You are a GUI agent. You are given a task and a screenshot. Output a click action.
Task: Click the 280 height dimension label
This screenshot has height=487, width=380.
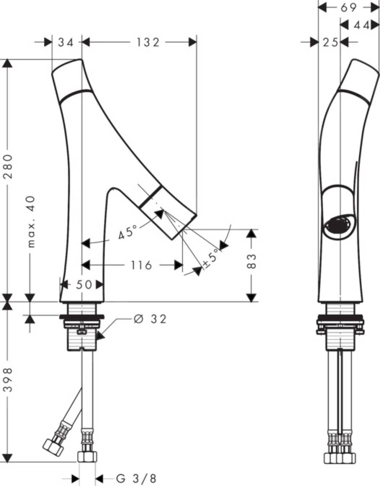tap(8, 167)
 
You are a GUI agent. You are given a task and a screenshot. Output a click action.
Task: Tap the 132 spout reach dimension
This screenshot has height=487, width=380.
tap(148, 42)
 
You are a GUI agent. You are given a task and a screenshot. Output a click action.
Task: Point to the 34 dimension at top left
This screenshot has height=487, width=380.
tap(66, 42)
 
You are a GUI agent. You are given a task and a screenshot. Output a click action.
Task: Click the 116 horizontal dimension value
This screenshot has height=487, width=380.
tap(141, 265)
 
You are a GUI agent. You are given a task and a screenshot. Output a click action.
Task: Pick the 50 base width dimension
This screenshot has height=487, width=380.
tap(84, 285)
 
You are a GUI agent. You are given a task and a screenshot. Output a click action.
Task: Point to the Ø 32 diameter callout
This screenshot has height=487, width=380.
tap(150, 319)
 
